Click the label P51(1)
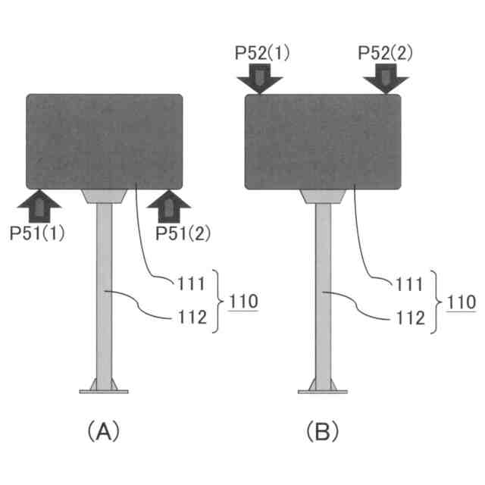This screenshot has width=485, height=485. (37, 233)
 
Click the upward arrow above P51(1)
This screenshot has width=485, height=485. (37, 205)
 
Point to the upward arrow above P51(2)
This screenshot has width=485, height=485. (168, 205)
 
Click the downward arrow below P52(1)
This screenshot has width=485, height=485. (258, 78)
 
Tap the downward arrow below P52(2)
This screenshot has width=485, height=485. (386, 78)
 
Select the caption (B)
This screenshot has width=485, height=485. (322, 432)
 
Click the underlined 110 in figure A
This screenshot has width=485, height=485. (241, 301)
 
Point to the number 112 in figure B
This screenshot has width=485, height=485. (410, 317)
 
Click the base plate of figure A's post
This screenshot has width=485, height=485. (104, 390)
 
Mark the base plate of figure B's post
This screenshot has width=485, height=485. (322, 390)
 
